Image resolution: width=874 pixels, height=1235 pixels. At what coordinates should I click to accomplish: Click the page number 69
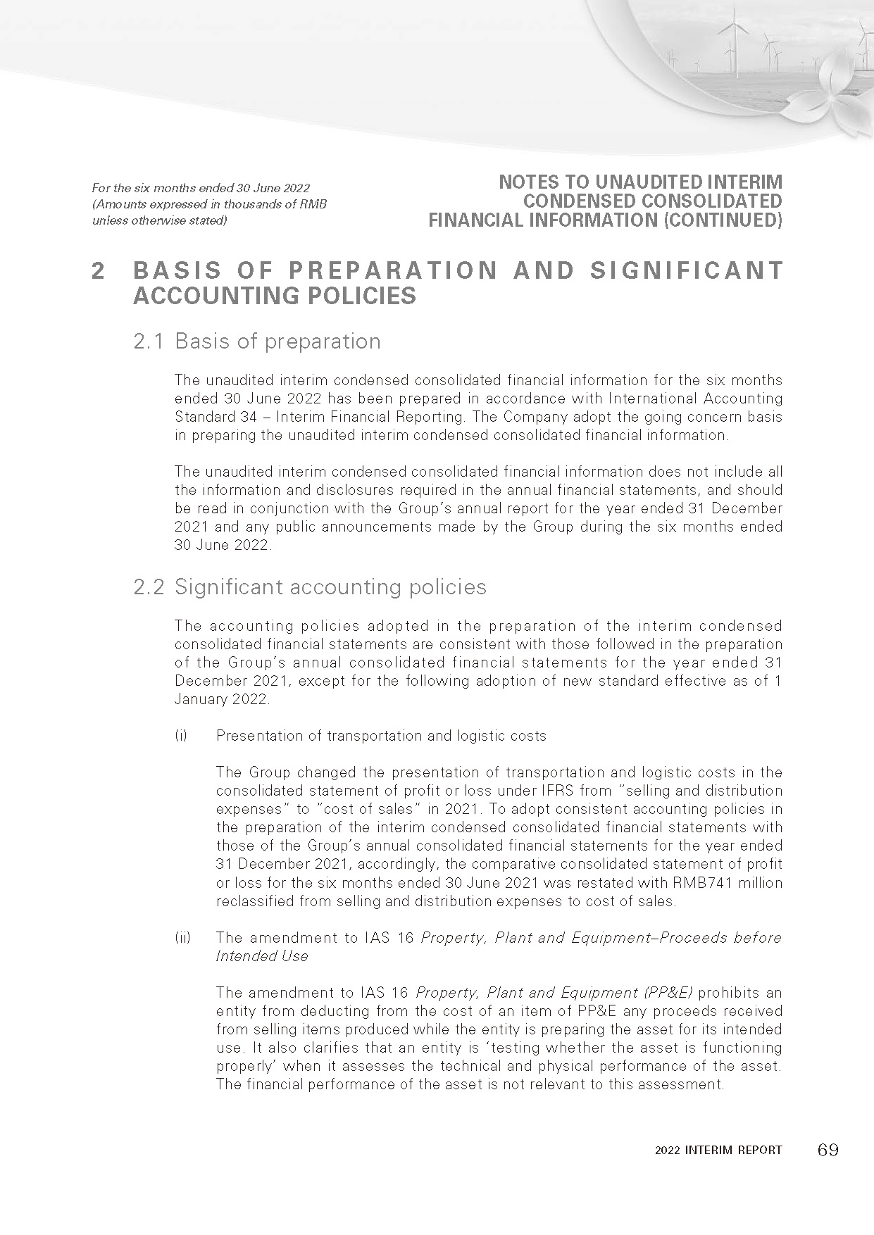click(x=828, y=1150)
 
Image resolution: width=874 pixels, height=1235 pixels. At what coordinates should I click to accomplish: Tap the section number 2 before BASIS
click(x=99, y=271)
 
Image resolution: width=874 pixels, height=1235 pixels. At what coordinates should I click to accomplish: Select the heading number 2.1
click(x=149, y=341)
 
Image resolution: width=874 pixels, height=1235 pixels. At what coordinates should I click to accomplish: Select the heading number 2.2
click(x=149, y=587)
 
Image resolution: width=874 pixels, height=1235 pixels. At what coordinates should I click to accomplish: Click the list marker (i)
click(x=181, y=736)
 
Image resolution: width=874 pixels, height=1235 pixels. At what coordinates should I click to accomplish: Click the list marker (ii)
click(x=182, y=938)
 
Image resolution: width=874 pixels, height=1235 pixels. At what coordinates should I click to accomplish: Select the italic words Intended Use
click(x=262, y=956)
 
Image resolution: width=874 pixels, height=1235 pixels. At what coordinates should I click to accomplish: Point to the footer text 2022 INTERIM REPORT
click(x=718, y=1151)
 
